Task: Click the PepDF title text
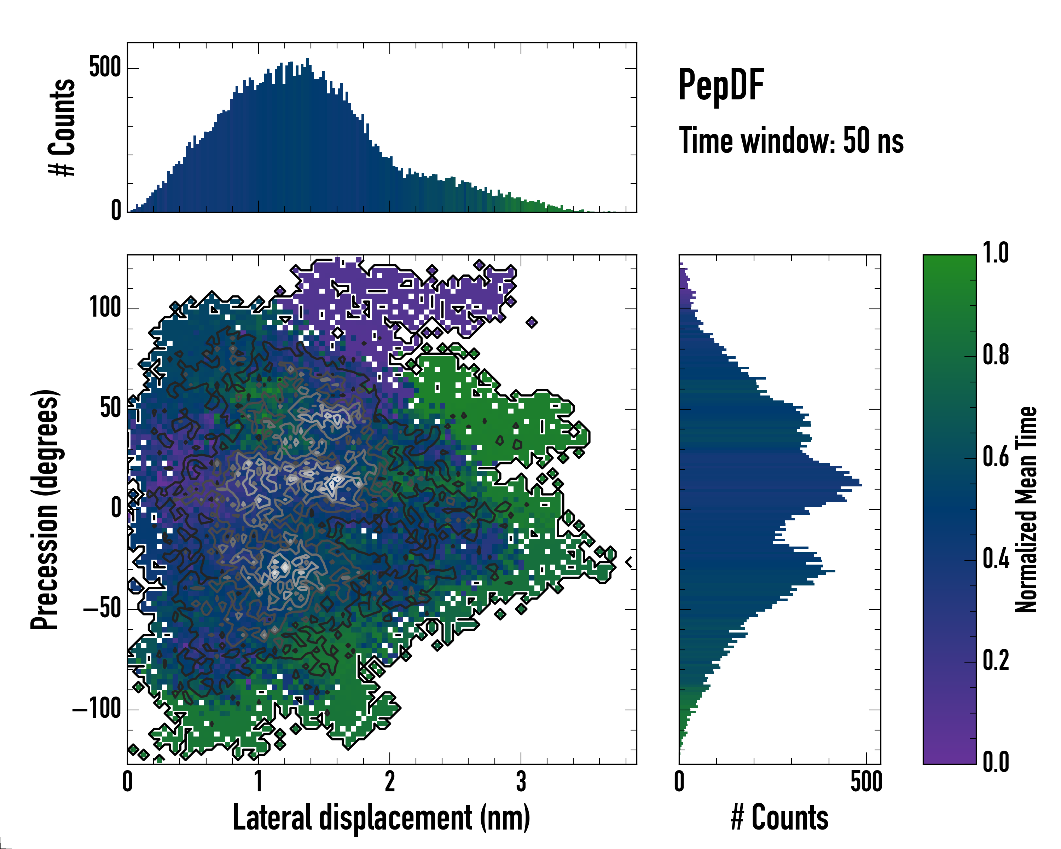(721, 85)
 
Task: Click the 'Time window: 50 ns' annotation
(791, 141)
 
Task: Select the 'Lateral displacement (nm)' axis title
(381, 818)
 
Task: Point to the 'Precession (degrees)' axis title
(45, 509)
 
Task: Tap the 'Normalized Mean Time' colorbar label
(1026, 509)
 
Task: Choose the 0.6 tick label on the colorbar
(996, 457)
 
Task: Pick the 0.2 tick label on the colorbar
(996, 660)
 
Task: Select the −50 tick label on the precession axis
(102, 609)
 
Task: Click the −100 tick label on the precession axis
(97, 709)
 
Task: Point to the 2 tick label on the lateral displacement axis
(390, 781)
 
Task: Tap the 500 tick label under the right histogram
(866, 781)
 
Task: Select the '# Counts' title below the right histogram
(779, 818)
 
